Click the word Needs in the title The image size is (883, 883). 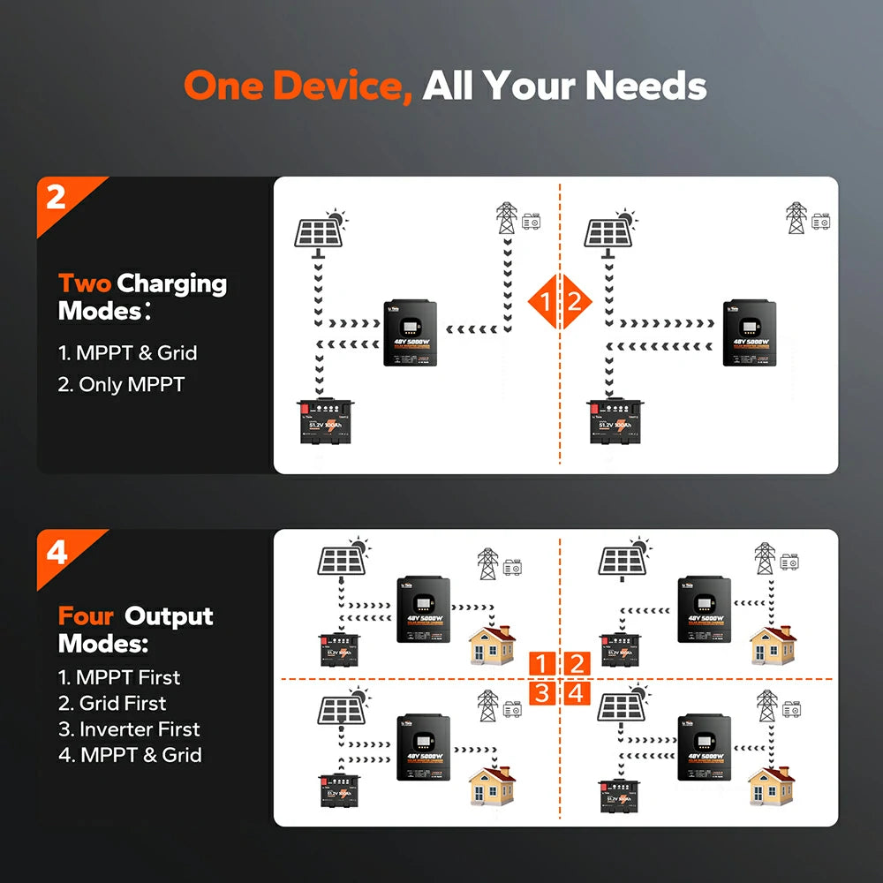coord(646,86)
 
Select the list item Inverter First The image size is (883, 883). coord(129,729)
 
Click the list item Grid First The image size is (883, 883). coord(112,704)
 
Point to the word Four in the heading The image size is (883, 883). coord(87,615)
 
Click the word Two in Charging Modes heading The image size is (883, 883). coord(84,283)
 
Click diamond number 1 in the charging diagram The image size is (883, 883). coord(545,303)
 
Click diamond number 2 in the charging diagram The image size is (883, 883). coord(575,303)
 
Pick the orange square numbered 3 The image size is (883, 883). coord(542,693)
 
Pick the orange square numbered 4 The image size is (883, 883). coord(576,693)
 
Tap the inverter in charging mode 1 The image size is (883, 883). coord(411,333)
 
